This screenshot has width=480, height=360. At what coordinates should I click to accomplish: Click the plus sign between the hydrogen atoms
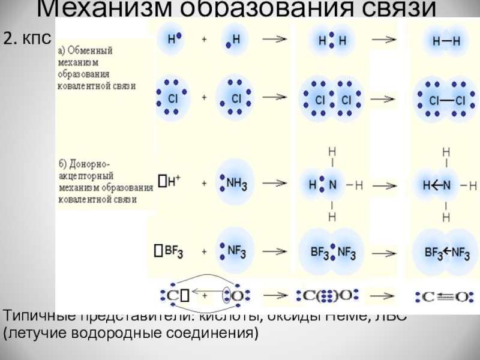205,39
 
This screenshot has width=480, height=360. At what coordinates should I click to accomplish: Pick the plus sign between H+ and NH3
205,183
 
